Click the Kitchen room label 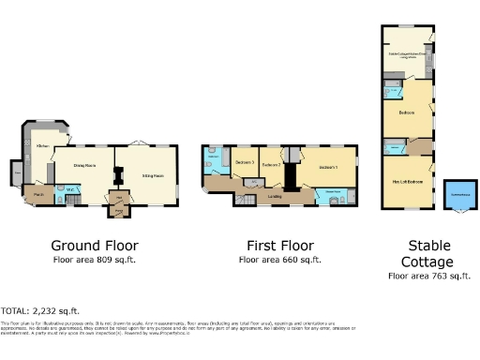tap(43, 146)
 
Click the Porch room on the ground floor tap(37, 196)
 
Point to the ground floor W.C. tap(63, 190)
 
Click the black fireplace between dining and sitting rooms tap(117, 174)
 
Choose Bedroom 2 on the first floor tap(272, 166)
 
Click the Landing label tap(275, 197)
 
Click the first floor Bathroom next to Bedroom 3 tap(215, 161)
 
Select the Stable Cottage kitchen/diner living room tap(408, 53)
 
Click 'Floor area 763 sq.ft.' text tap(428, 276)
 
